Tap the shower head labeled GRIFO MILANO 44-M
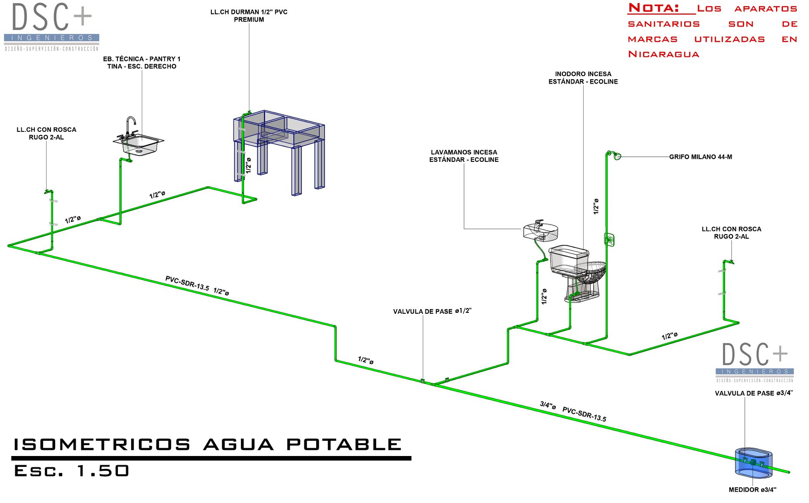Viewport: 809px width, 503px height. (616, 156)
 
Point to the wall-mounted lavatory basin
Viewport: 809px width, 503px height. (541, 231)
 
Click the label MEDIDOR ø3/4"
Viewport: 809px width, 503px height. (752, 490)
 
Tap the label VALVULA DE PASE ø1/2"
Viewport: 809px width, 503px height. (432, 312)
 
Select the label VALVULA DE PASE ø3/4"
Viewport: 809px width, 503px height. (754, 393)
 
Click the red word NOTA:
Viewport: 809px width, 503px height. (654, 8)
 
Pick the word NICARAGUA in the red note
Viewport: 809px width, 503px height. (664, 54)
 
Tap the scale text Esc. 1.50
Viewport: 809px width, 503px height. (72, 471)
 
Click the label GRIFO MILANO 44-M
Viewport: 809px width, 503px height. (700, 157)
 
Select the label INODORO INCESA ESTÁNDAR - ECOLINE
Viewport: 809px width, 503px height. (583, 78)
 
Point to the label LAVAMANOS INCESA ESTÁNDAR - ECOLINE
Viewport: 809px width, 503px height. (464, 156)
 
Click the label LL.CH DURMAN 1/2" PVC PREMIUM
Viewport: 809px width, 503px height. (249, 16)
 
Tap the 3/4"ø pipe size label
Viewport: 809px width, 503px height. (548, 406)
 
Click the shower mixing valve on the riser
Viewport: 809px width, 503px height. (609, 239)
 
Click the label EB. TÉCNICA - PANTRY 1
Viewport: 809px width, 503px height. (142, 59)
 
